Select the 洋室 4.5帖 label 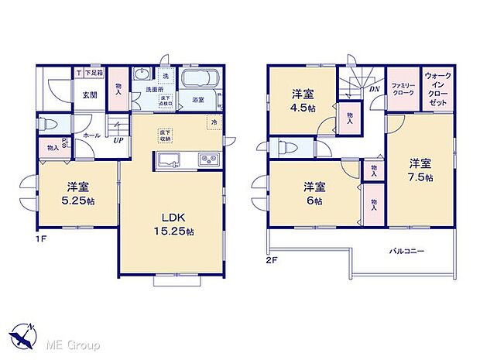pyautogui.click(x=303, y=100)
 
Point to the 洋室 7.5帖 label pyautogui.click(x=421, y=170)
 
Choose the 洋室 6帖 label pyautogui.click(x=314, y=193)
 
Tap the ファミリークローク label pyautogui.click(x=403, y=87)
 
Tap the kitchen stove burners pyautogui.click(x=210, y=160)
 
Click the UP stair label pyautogui.click(x=118, y=140)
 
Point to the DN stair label pyautogui.click(x=374, y=88)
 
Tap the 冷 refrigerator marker pyautogui.click(x=213, y=122)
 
